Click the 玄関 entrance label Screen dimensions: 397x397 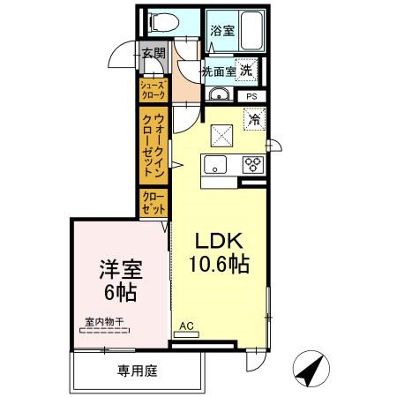pyautogui.click(x=154, y=54)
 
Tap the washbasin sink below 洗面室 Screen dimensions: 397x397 pyautogui.click(x=220, y=95)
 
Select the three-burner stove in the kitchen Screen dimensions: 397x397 pyautogui.click(x=252, y=164)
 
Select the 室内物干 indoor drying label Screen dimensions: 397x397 pyautogui.click(x=103, y=323)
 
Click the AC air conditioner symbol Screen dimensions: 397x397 pyautogui.click(x=186, y=328)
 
